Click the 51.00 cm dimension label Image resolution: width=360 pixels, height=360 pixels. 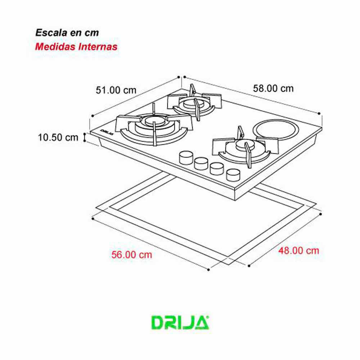click(116, 90)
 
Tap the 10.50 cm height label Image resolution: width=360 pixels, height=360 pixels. click(58, 137)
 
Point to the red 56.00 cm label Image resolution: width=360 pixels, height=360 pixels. click(131, 255)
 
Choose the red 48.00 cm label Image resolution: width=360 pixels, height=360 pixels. click(298, 251)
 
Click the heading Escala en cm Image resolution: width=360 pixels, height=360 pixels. click(67, 32)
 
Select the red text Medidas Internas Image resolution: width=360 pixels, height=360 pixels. click(76, 47)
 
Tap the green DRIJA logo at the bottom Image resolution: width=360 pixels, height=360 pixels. click(180, 323)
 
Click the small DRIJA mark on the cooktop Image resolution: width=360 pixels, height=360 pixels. click(107, 131)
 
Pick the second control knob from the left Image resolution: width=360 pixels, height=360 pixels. click(201, 163)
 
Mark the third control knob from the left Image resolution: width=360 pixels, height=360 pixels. click(216, 168)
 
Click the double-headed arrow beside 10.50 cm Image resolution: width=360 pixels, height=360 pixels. click(85, 137)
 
